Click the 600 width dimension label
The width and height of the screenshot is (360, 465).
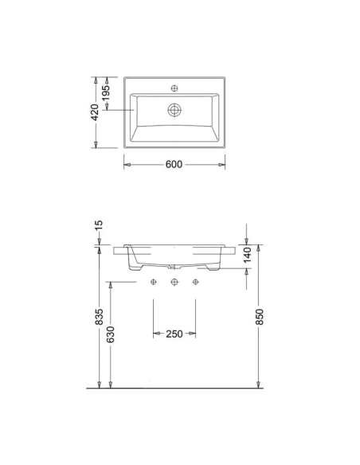coord(174,164)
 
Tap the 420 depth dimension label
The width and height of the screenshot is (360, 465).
coord(95,112)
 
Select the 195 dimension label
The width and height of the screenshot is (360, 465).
coord(106,92)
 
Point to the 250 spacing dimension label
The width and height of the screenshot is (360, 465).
coord(174,334)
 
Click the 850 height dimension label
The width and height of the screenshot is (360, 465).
coord(259,317)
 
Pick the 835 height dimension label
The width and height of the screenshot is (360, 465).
coord(99,317)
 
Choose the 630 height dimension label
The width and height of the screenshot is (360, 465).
coord(111,334)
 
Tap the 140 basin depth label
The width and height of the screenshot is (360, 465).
coord(247,255)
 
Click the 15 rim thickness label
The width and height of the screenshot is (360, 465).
coord(99,225)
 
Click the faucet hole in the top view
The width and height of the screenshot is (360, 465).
coord(174,88)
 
